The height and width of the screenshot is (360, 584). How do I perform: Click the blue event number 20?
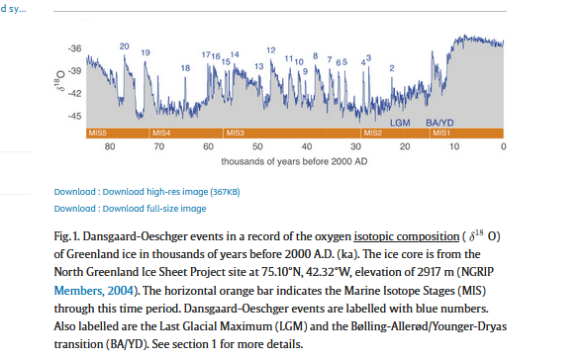click(125, 46)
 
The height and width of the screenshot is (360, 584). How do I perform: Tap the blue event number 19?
click(146, 52)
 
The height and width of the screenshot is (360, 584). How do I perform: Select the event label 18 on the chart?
click(185, 68)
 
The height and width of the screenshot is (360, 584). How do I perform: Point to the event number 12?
click(271, 50)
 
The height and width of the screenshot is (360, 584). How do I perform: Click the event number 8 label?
click(316, 56)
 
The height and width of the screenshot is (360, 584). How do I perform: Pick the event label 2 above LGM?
click(392, 68)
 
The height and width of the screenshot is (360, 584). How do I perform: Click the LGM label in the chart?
click(400, 123)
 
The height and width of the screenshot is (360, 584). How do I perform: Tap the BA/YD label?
click(439, 123)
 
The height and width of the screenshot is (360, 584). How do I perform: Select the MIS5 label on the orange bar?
click(98, 133)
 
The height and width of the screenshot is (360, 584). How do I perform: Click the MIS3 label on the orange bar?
click(236, 133)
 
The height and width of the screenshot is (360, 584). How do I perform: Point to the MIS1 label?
click(441, 133)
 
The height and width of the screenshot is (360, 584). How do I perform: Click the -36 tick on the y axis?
click(74, 48)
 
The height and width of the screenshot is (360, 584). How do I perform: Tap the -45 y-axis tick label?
click(74, 116)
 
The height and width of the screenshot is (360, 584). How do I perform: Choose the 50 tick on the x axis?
click(257, 146)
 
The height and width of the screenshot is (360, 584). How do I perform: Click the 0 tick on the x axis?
click(504, 146)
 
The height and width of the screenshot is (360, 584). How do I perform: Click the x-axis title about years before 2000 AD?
click(294, 161)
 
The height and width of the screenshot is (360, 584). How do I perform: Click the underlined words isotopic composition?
click(407, 236)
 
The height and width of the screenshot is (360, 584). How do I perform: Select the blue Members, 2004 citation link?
click(93, 291)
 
